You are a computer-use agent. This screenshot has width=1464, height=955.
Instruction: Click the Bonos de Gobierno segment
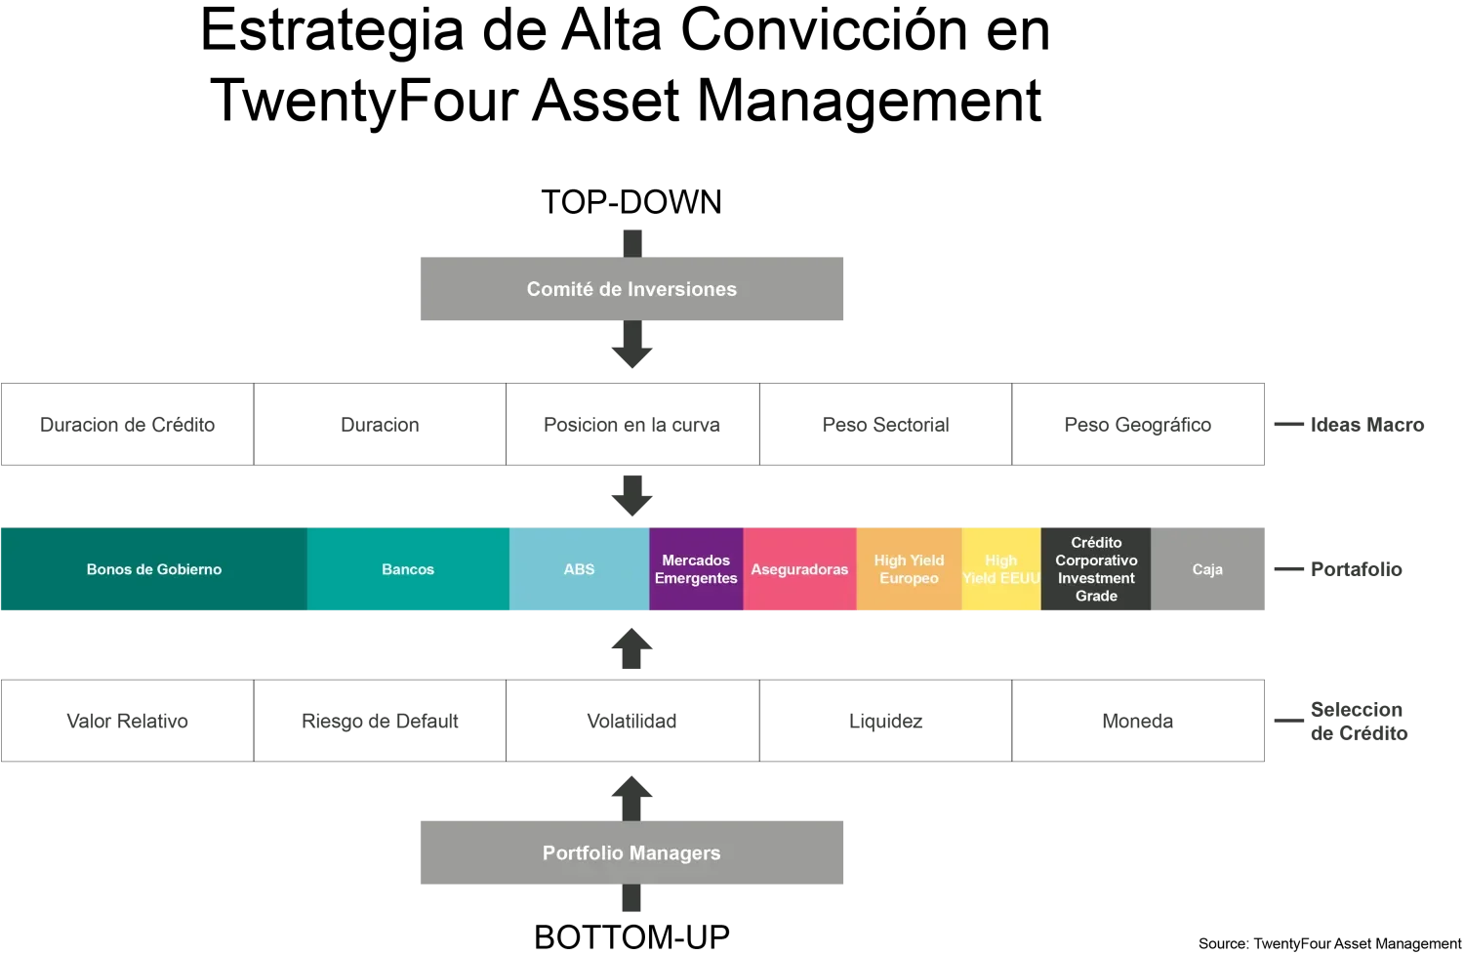click(x=153, y=569)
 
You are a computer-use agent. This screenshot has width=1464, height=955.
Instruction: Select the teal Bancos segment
click(x=408, y=569)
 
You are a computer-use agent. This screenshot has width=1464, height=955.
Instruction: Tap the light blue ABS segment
click(x=579, y=569)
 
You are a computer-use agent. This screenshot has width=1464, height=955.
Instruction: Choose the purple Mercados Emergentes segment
click(x=696, y=569)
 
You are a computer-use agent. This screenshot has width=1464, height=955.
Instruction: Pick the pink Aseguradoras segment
click(x=799, y=569)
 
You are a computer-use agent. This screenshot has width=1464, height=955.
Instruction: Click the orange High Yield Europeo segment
click(x=909, y=569)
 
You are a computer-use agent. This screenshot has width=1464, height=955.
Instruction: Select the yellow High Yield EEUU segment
click(x=1000, y=569)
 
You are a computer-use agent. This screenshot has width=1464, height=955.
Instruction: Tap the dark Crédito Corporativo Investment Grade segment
click(x=1096, y=569)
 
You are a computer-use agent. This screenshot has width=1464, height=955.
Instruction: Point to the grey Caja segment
click(x=1207, y=569)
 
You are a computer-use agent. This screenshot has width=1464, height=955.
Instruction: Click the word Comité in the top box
click(x=559, y=289)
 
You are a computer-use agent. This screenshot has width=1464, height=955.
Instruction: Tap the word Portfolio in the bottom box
click(x=582, y=853)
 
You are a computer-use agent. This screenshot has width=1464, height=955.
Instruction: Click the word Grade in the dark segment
click(x=1096, y=596)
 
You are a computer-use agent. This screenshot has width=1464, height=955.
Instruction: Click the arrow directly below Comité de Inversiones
click(x=631, y=349)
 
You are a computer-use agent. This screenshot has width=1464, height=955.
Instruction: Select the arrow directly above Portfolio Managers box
click(x=631, y=797)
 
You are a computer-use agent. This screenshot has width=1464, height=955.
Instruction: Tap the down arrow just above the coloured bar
click(x=631, y=496)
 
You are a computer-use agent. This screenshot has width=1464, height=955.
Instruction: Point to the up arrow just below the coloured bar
click(x=631, y=648)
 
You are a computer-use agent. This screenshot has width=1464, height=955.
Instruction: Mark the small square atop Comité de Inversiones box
click(x=631, y=240)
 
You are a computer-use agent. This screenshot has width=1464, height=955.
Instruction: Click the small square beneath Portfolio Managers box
click(x=631, y=899)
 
